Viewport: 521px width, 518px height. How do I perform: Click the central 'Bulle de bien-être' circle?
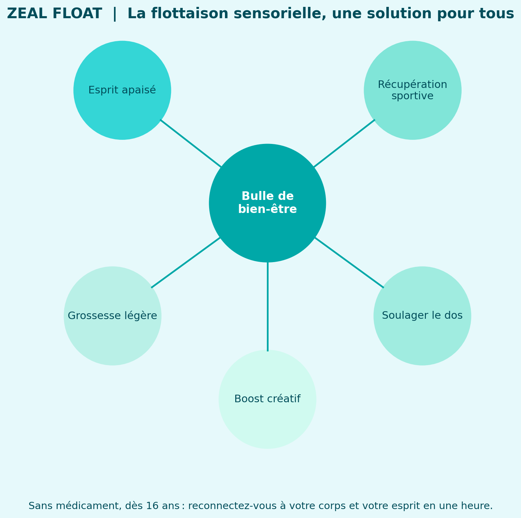tap(267, 203)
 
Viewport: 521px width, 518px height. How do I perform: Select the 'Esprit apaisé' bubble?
tap(122, 90)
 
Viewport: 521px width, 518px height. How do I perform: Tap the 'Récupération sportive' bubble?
tap(412, 90)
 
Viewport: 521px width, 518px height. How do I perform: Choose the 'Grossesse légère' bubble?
tap(112, 316)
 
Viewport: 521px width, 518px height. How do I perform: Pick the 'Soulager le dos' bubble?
tap(422, 316)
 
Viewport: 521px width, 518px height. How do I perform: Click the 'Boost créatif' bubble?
tap(267, 399)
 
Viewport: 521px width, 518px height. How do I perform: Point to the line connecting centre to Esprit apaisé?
tap(191, 143)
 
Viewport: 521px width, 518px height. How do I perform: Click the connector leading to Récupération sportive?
tap(344, 143)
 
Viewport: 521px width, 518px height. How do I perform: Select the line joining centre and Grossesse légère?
tap(186, 262)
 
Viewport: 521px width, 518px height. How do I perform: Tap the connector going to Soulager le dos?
tap(349, 262)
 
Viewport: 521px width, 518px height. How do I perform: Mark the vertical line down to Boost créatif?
tap(268, 306)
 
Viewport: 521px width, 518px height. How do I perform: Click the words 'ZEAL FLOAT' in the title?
tap(54, 14)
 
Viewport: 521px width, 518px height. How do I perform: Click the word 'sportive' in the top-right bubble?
tap(412, 96)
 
